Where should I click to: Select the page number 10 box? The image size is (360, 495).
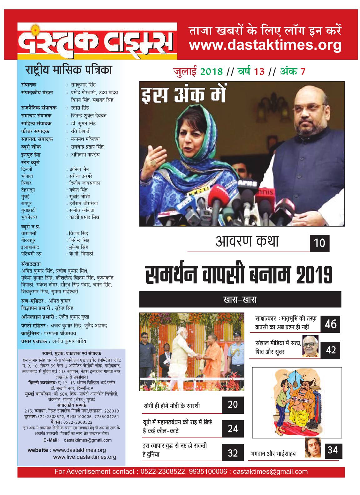(x=319, y=243)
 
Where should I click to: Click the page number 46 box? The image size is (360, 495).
(x=330, y=324)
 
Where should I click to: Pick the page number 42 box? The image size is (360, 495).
(x=330, y=350)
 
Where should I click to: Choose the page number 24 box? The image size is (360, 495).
(x=233, y=428)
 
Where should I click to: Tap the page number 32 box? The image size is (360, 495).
(x=233, y=453)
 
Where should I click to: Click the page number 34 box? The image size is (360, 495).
(x=332, y=450)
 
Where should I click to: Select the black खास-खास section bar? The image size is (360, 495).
(x=240, y=300)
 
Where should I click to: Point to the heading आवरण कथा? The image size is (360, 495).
(x=247, y=242)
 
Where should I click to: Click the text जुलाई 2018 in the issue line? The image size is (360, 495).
(x=198, y=72)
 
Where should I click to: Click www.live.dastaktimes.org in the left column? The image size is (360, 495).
(x=84, y=457)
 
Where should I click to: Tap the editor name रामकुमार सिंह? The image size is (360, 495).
(x=83, y=85)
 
